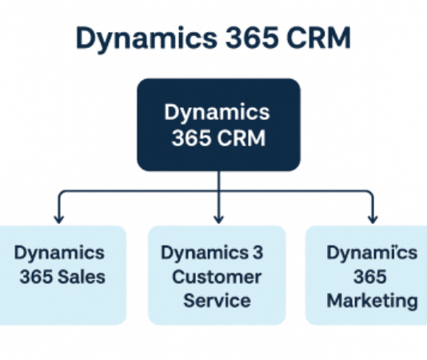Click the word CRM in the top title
313,38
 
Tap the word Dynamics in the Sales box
59,253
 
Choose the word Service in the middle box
217,301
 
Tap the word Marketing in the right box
373,301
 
